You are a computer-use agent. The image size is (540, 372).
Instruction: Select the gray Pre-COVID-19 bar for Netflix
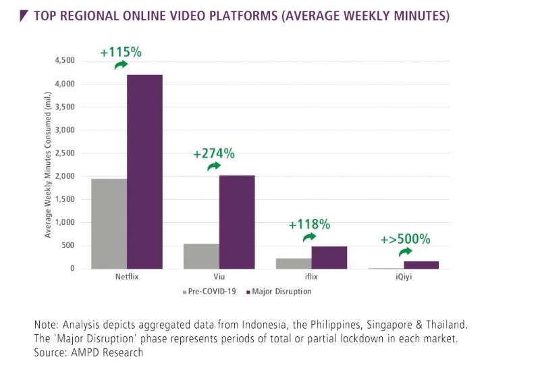[109, 223]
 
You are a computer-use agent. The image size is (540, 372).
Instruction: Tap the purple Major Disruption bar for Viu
[237, 221]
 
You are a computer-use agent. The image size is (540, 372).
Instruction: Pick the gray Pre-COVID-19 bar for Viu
[201, 256]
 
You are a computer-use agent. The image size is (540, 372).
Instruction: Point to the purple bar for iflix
[329, 257]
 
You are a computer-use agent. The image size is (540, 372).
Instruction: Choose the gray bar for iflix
[294, 263]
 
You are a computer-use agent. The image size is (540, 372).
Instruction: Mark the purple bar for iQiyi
[421, 265]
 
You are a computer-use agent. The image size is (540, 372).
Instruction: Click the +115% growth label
[120, 51]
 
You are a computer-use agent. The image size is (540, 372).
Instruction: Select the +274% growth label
[214, 153]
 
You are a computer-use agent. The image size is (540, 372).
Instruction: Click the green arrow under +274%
[214, 167]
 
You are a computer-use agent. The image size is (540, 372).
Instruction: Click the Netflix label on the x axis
[127, 277]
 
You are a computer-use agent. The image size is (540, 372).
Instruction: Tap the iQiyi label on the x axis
[404, 277]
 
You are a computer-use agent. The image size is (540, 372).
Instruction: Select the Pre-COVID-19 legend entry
[211, 292]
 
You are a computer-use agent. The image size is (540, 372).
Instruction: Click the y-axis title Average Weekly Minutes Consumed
[49, 165]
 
